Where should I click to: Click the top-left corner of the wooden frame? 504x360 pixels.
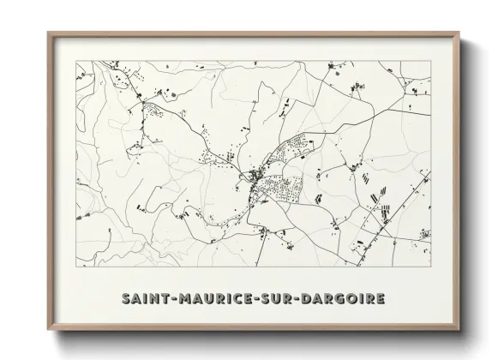[x=47, y=33]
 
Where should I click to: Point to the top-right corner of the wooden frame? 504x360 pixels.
[x=460, y=33]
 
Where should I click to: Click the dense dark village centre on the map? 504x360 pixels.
[x=255, y=177]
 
